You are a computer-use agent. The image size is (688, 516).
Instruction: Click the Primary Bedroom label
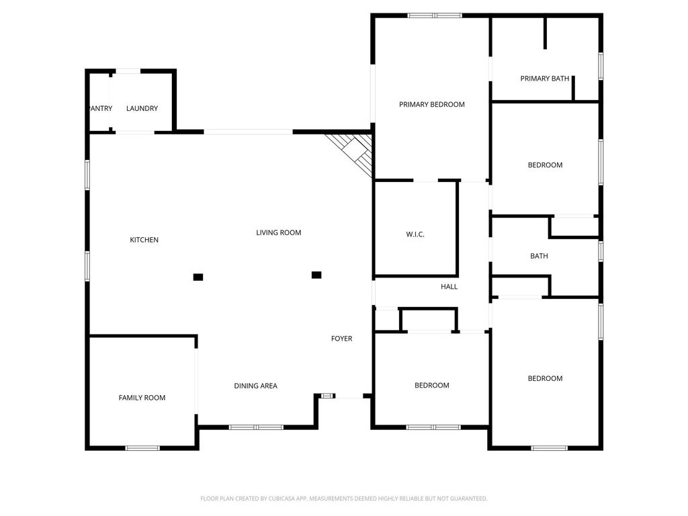pyautogui.click(x=432, y=104)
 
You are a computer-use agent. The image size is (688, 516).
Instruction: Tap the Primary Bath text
pyautogui.click(x=544, y=79)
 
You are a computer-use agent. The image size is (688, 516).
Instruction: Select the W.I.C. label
pyautogui.click(x=415, y=234)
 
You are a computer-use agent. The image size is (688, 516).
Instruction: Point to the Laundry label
pyautogui.click(x=142, y=108)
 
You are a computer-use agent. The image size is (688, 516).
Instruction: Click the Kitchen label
pyautogui.click(x=144, y=240)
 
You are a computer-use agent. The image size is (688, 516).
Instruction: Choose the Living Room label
pyautogui.click(x=279, y=232)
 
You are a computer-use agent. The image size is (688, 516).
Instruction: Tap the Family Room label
pyautogui.click(x=142, y=398)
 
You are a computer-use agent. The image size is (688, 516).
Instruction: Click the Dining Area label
pyautogui.click(x=255, y=386)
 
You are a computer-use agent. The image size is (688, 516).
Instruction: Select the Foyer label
pyautogui.click(x=341, y=339)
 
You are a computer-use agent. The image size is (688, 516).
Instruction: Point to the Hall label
pyautogui.click(x=449, y=286)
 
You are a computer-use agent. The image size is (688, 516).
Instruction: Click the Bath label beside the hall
pyautogui.click(x=539, y=256)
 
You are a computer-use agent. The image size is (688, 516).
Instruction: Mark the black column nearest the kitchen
pyautogui.click(x=198, y=277)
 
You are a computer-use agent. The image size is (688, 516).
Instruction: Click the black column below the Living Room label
pyautogui.click(x=316, y=275)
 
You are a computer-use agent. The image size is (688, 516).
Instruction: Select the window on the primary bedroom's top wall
pyautogui.click(x=435, y=16)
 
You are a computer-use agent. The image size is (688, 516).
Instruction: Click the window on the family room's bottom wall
pyautogui.click(x=142, y=448)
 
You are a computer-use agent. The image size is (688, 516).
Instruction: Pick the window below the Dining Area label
pyautogui.click(x=256, y=427)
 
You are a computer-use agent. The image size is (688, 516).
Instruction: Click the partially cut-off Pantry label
pyautogui.click(x=101, y=108)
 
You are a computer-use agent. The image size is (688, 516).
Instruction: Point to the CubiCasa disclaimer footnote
pyautogui.click(x=343, y=499)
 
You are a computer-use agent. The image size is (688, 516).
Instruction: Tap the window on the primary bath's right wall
pyautogui.click(x=601, y=67)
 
